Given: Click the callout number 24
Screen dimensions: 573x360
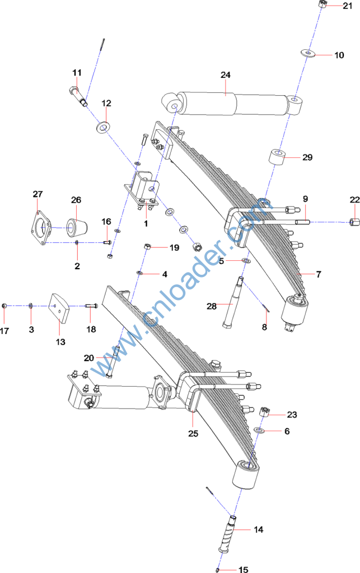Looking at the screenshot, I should (225, 75).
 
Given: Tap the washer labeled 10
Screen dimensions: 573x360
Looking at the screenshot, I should (307, 53).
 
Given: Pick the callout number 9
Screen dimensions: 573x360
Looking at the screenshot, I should (306, 199).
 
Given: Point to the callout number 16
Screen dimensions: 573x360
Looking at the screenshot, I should (106, 222).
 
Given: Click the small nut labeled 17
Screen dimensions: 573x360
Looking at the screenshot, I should (4, 306).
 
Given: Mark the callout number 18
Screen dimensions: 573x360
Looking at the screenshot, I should (91, 330).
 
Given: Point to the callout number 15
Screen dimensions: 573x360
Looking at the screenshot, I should (243, 570).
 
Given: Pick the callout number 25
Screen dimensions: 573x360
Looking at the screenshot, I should (193, 433).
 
